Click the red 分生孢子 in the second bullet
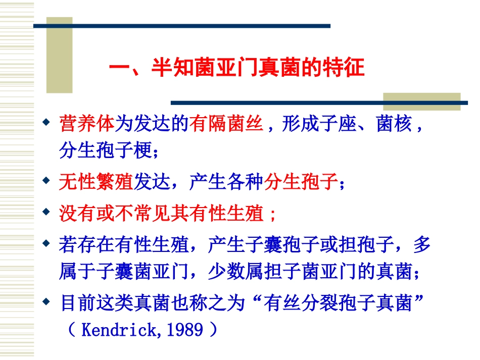[x=301, y=182]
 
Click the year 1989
[x=185, y=331]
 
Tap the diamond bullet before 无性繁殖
[x=46, y=181]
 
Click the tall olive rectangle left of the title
[x=59, y=56]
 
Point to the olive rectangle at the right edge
[x=421, y=101]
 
